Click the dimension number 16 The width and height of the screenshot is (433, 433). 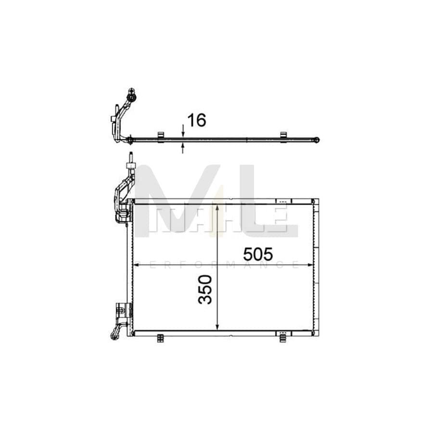(x=196, y=120)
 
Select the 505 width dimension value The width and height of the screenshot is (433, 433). (x=258, y=254)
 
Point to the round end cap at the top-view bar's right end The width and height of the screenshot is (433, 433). (x=316, y=140)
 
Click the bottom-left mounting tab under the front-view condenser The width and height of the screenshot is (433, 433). (x=160, y=338)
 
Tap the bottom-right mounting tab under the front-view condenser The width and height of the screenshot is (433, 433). (x=283, y=338)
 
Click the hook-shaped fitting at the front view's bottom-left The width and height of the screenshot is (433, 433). (x=115, y=332)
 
